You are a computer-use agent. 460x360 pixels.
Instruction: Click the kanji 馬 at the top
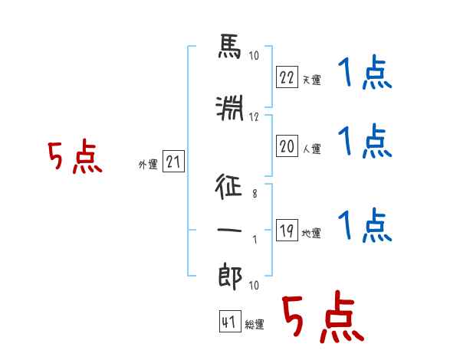point(230,46)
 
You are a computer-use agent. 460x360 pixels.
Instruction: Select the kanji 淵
point(230,108)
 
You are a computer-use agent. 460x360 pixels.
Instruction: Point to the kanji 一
point(229,231)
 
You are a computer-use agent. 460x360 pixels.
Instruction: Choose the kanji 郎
point(230,277)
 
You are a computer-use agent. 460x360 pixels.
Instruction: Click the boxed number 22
point(287,77)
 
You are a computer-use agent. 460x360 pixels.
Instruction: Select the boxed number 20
point(287,146)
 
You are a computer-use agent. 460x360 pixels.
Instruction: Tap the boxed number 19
point(287,230)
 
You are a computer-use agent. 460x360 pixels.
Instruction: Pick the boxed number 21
point(173,162)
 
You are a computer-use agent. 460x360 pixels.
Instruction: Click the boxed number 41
point(230,322)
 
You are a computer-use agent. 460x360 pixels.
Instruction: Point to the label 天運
point(312,80)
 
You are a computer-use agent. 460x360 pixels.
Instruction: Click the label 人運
point(312,149)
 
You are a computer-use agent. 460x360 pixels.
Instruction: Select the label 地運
point(311,234)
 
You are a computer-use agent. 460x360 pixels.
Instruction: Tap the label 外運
point(148,165)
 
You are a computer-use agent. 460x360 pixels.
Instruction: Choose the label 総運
point(255,325)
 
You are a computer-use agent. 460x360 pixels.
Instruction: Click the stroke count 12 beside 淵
point(254,117)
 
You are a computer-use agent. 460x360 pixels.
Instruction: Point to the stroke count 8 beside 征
point(255,194)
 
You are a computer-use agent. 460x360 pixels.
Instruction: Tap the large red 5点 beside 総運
point(324,317)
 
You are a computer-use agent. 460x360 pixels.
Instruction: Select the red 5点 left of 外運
point(75,156)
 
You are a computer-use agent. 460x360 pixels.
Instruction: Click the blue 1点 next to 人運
point(365,141)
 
